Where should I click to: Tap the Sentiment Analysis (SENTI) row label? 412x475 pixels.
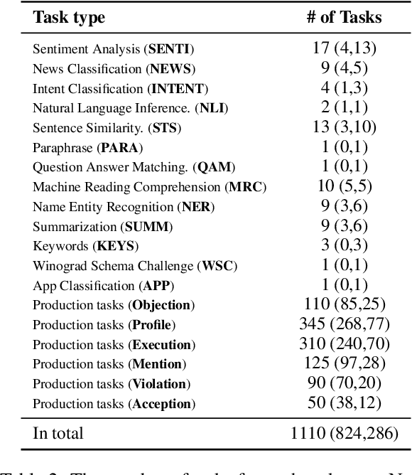(113, 50)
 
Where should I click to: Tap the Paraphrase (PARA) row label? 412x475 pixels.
(87, 148)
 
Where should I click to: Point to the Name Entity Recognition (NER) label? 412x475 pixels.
(123, 207)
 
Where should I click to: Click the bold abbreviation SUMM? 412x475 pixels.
(148, 227)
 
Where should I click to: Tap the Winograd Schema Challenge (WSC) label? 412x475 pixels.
(135, 266)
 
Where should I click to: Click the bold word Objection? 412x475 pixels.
(161, 305)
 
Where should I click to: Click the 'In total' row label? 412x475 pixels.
(58, 432)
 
